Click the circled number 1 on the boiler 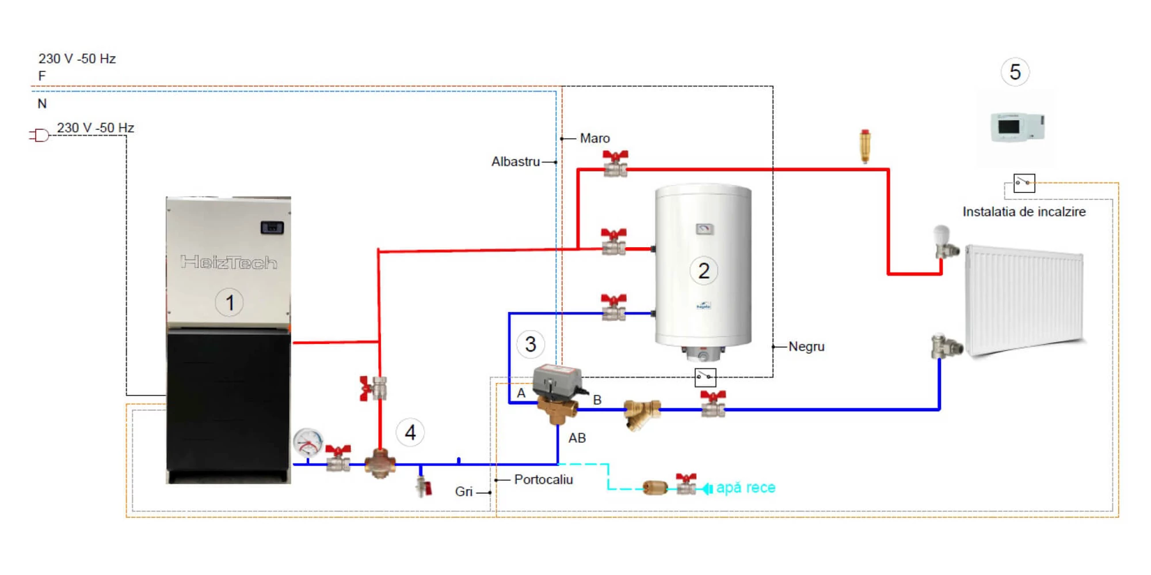[229, 302]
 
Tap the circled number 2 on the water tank [703, 271]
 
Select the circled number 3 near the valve [531, 344]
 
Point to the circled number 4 [410, 432]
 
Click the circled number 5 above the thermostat [1015, 72]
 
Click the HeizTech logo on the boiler [229, 262]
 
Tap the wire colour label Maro [594, 139]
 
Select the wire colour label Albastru [516, 162]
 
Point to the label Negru [806, 347]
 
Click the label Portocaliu [543, 480]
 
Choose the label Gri [464, 492]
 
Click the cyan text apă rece [746, 488]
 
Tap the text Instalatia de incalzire [1024, 212]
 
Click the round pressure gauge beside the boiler [308, 443]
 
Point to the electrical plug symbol [40, 136]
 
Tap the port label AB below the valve [577, 438]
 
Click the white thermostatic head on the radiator [941, 235]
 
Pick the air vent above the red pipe [865, 147]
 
